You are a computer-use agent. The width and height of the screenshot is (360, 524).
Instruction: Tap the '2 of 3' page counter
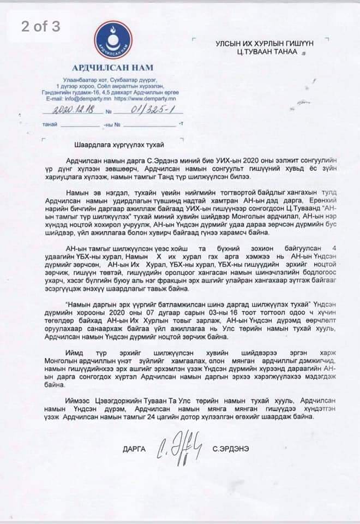pos(41,27)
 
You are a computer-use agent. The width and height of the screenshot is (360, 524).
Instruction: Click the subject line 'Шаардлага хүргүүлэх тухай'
pos(118,144)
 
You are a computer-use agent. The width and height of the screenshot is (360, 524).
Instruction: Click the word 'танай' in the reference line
pos(50,124)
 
